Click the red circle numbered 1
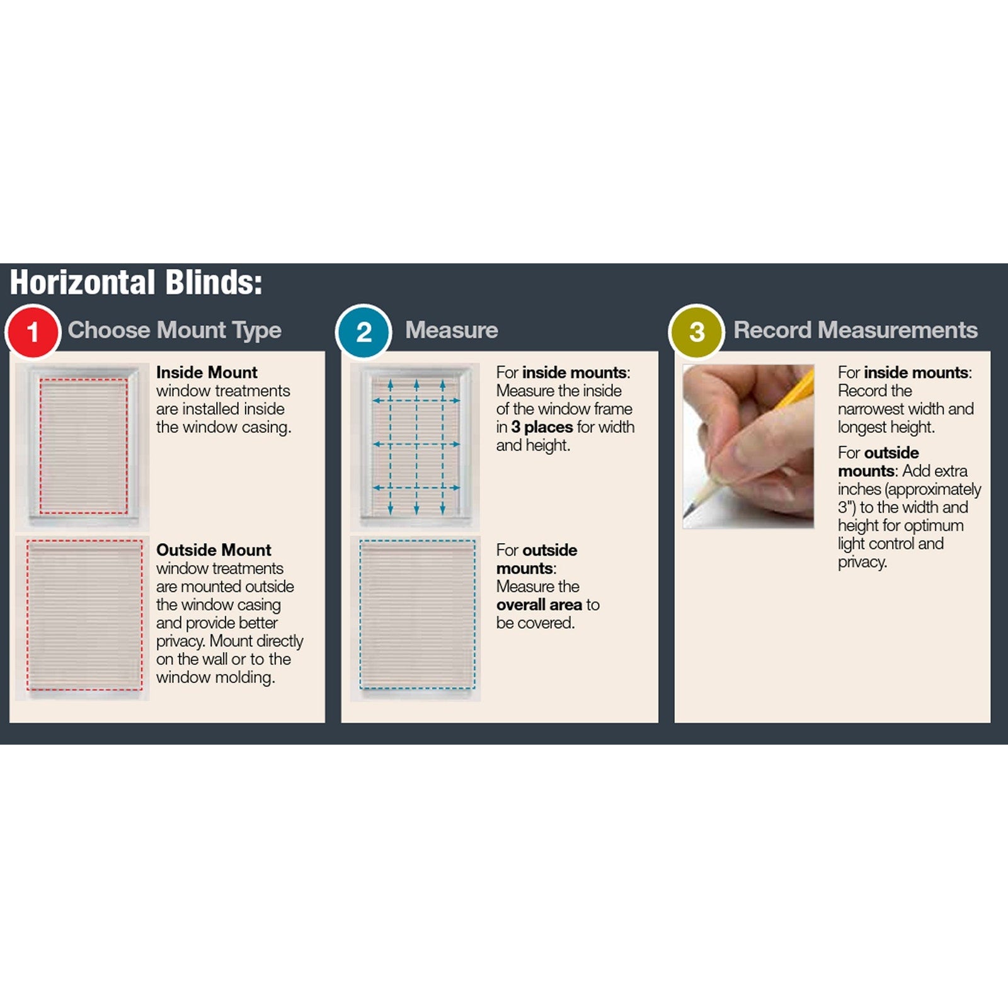coord(33,331)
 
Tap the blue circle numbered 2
coord(364,331)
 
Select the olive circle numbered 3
coord(696,331)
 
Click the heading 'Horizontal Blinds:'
coord(136,282)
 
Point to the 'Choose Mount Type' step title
coord(175,330)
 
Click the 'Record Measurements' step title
coord(856,330)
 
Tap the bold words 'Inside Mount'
coord(207,372)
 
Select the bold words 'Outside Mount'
coord(214,550)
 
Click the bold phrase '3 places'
coord(542,427)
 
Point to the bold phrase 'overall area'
coord(539,605)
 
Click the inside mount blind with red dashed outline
coord(83,445)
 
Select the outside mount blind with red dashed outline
coord(84,616)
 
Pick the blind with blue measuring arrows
coord(416,445)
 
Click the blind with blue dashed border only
coord(417,614)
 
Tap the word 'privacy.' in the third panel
coord(862,563)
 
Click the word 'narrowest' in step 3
coord(869,409)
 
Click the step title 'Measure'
coord(451,330)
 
